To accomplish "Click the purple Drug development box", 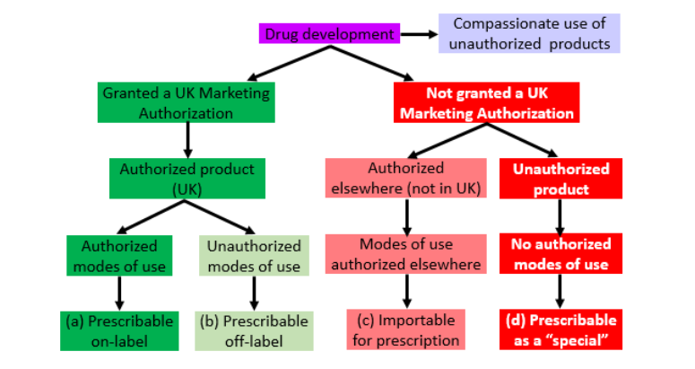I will click(328, 34).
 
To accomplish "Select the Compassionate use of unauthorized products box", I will click(529, 33).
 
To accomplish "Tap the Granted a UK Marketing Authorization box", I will click(187, 103).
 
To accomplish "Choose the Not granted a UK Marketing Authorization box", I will click(487, 103).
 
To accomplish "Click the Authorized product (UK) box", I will click(187, 177).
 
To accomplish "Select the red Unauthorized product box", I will click(560, 178).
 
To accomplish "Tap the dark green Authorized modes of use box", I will click(119, 255).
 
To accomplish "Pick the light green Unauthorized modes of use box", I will click(254, 255).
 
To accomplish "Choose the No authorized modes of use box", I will click(560, 254).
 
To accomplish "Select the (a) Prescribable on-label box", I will click(118, 330).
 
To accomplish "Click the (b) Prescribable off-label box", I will click(254, 330).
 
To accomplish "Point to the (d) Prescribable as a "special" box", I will click(560, 330).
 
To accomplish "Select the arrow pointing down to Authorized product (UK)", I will click(187, 139).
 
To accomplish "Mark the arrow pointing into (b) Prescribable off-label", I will click(254, 292).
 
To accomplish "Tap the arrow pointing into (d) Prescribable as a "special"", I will click(560, 292).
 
